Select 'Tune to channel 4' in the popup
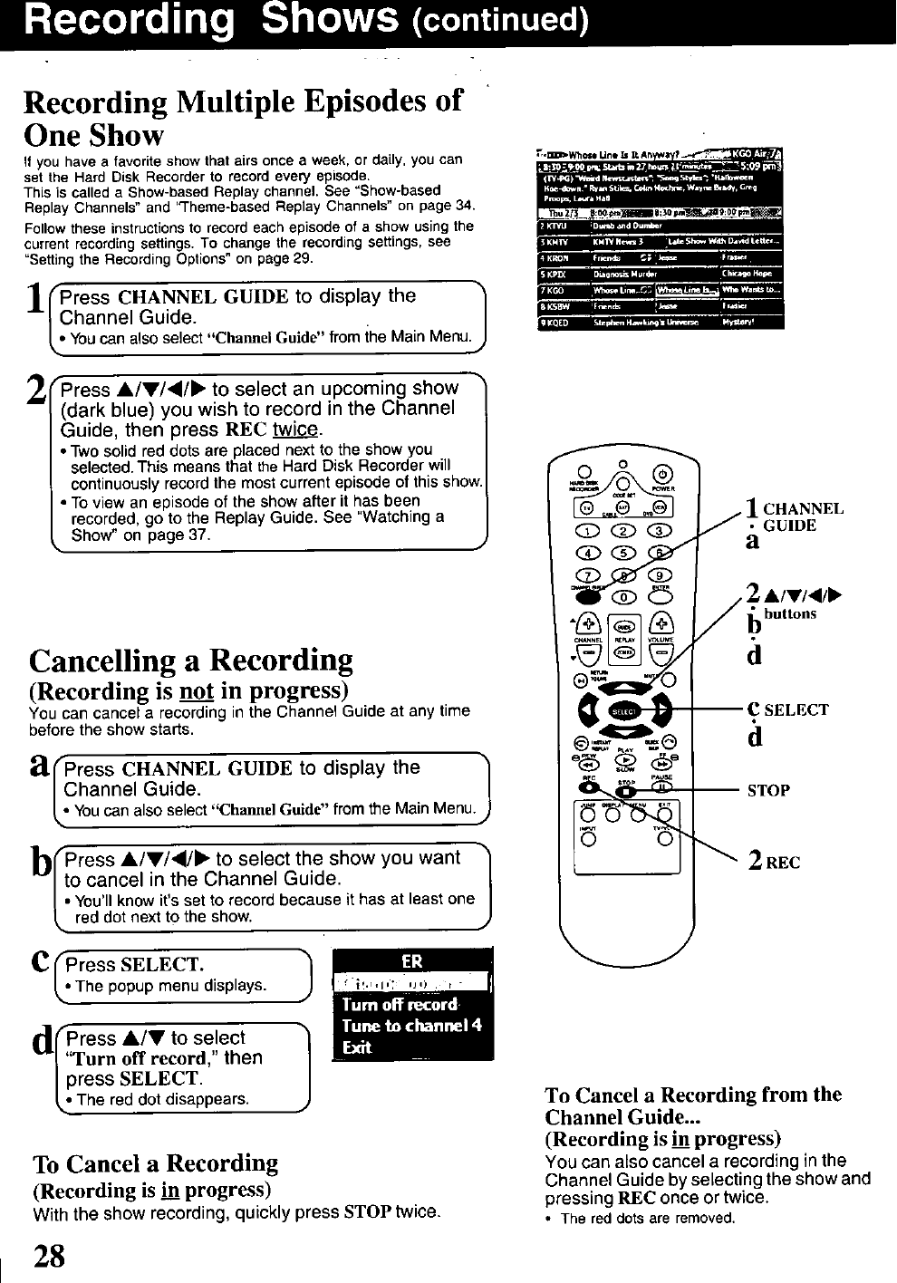(x=412, y=1026)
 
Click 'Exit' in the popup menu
(x=357, y=1047)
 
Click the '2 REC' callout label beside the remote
(x=773, y=862)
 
